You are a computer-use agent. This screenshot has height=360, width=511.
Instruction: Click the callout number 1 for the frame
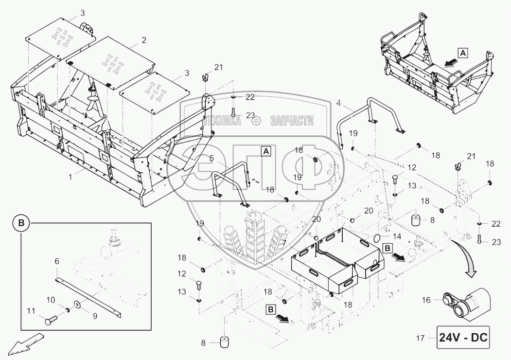tap(70, 178)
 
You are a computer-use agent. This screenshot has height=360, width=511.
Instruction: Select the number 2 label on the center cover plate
tap(143, 39)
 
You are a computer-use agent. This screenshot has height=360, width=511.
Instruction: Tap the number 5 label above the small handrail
tap(211, 158)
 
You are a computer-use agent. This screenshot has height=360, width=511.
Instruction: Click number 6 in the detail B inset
tap(56, 261)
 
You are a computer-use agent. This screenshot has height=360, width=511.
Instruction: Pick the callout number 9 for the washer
tap(95, 315)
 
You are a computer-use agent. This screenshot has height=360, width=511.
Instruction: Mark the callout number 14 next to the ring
tap(397, 236)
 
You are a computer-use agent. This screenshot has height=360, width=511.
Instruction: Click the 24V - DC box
tap(464, 336)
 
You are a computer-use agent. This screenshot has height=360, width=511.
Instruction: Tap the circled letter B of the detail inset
tap(21, 223)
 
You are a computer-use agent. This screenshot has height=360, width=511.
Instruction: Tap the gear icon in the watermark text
tap(256, 121)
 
